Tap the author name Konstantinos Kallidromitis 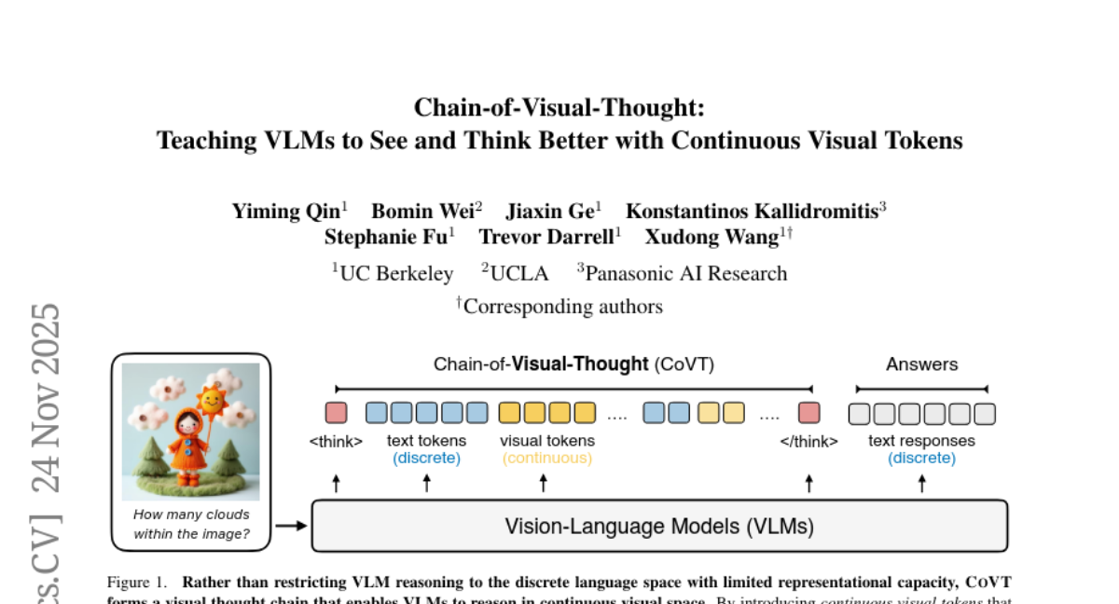click(x=752, y=212)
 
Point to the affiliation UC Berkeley click(x=396, y=273)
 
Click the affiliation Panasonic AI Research click(x=685, y=273)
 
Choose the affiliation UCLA click(x=518, y=273)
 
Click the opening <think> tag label click(x=336, y=441)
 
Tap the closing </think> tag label click(x=808, y=441)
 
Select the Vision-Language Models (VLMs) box click(x=659, y=527)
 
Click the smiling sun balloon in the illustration click(x=213, y=400)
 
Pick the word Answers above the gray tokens click(x=921, y=364)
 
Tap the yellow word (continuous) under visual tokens click(x=547, y=458)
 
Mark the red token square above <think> click(x=336, y=413)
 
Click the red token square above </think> click(x=808, y=413)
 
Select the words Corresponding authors click(x=562, y=306)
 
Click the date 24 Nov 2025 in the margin click(x=47, y=398)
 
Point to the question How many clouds click(x=191, y=515)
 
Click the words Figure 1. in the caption click(x=136, y=583)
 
